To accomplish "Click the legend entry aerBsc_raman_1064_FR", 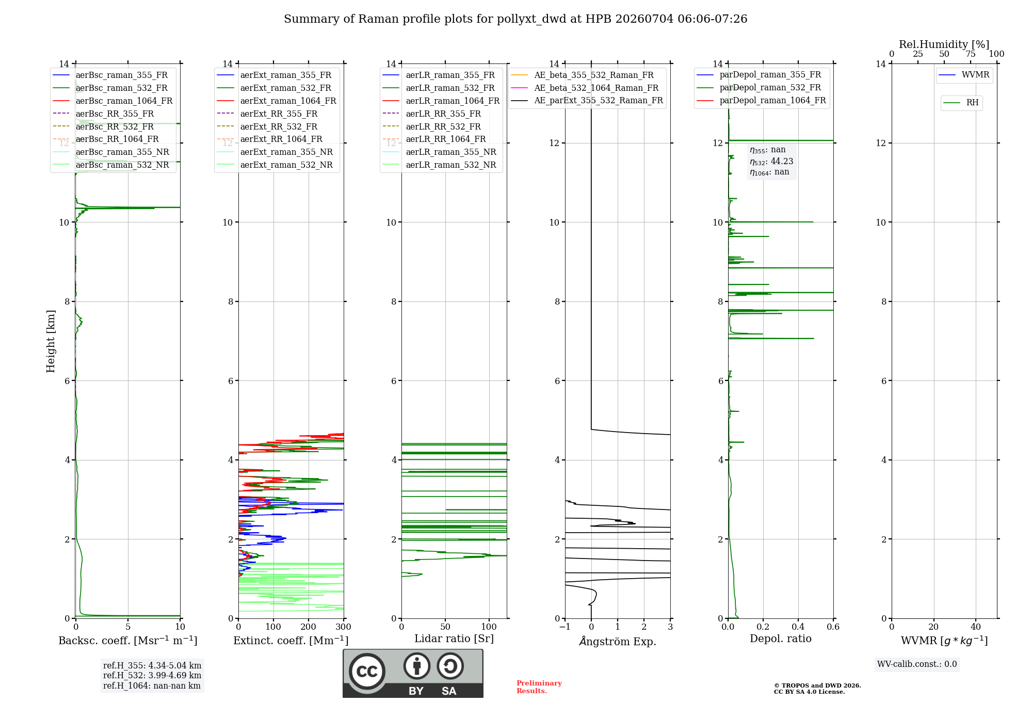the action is [112, 101].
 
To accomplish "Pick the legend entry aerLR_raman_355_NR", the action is [440, 152].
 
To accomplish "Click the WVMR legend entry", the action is [964, 75].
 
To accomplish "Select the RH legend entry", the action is [961, 103].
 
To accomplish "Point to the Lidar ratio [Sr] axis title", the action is [454, 639].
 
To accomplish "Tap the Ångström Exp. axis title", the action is [618, 641].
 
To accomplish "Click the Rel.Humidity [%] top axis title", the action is [944, 44].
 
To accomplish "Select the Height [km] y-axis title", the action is [51, 341].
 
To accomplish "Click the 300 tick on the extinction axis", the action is [344, 627].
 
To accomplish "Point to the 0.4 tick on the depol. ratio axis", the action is [798, 627].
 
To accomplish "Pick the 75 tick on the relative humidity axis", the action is [971, 54].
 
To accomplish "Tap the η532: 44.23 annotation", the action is [771, 162].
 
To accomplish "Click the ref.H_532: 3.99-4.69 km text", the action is [152, 675].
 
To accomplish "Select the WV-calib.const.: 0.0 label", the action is [917, 664].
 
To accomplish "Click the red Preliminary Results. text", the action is [539, 687].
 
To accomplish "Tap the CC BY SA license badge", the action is [413, 674].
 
